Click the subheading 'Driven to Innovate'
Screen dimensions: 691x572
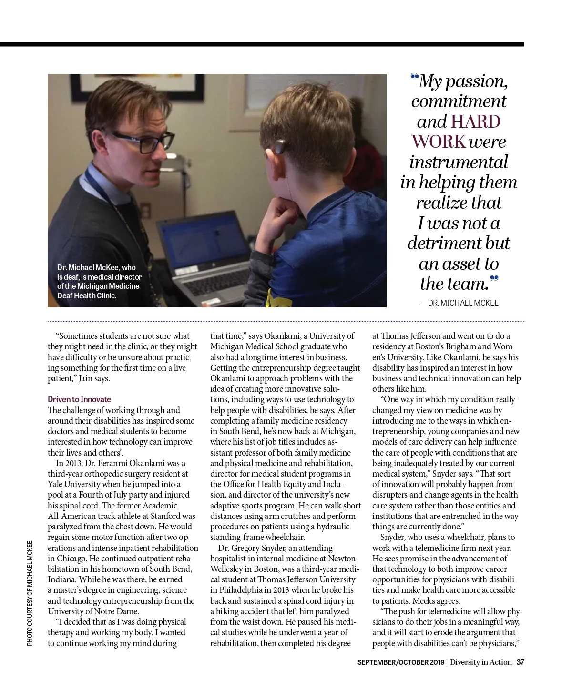coord(79,399)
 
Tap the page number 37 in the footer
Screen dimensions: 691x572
coord(521,662)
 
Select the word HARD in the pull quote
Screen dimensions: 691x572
coord(475,122)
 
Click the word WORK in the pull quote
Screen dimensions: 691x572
coord(439,142)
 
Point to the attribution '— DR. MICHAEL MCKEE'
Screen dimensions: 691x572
coord(459,303)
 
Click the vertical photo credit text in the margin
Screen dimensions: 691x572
coord(30,593)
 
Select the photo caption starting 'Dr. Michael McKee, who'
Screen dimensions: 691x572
coord(99,281)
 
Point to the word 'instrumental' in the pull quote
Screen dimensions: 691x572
coord(459,162)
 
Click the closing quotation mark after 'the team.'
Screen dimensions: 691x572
coord(494,279)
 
